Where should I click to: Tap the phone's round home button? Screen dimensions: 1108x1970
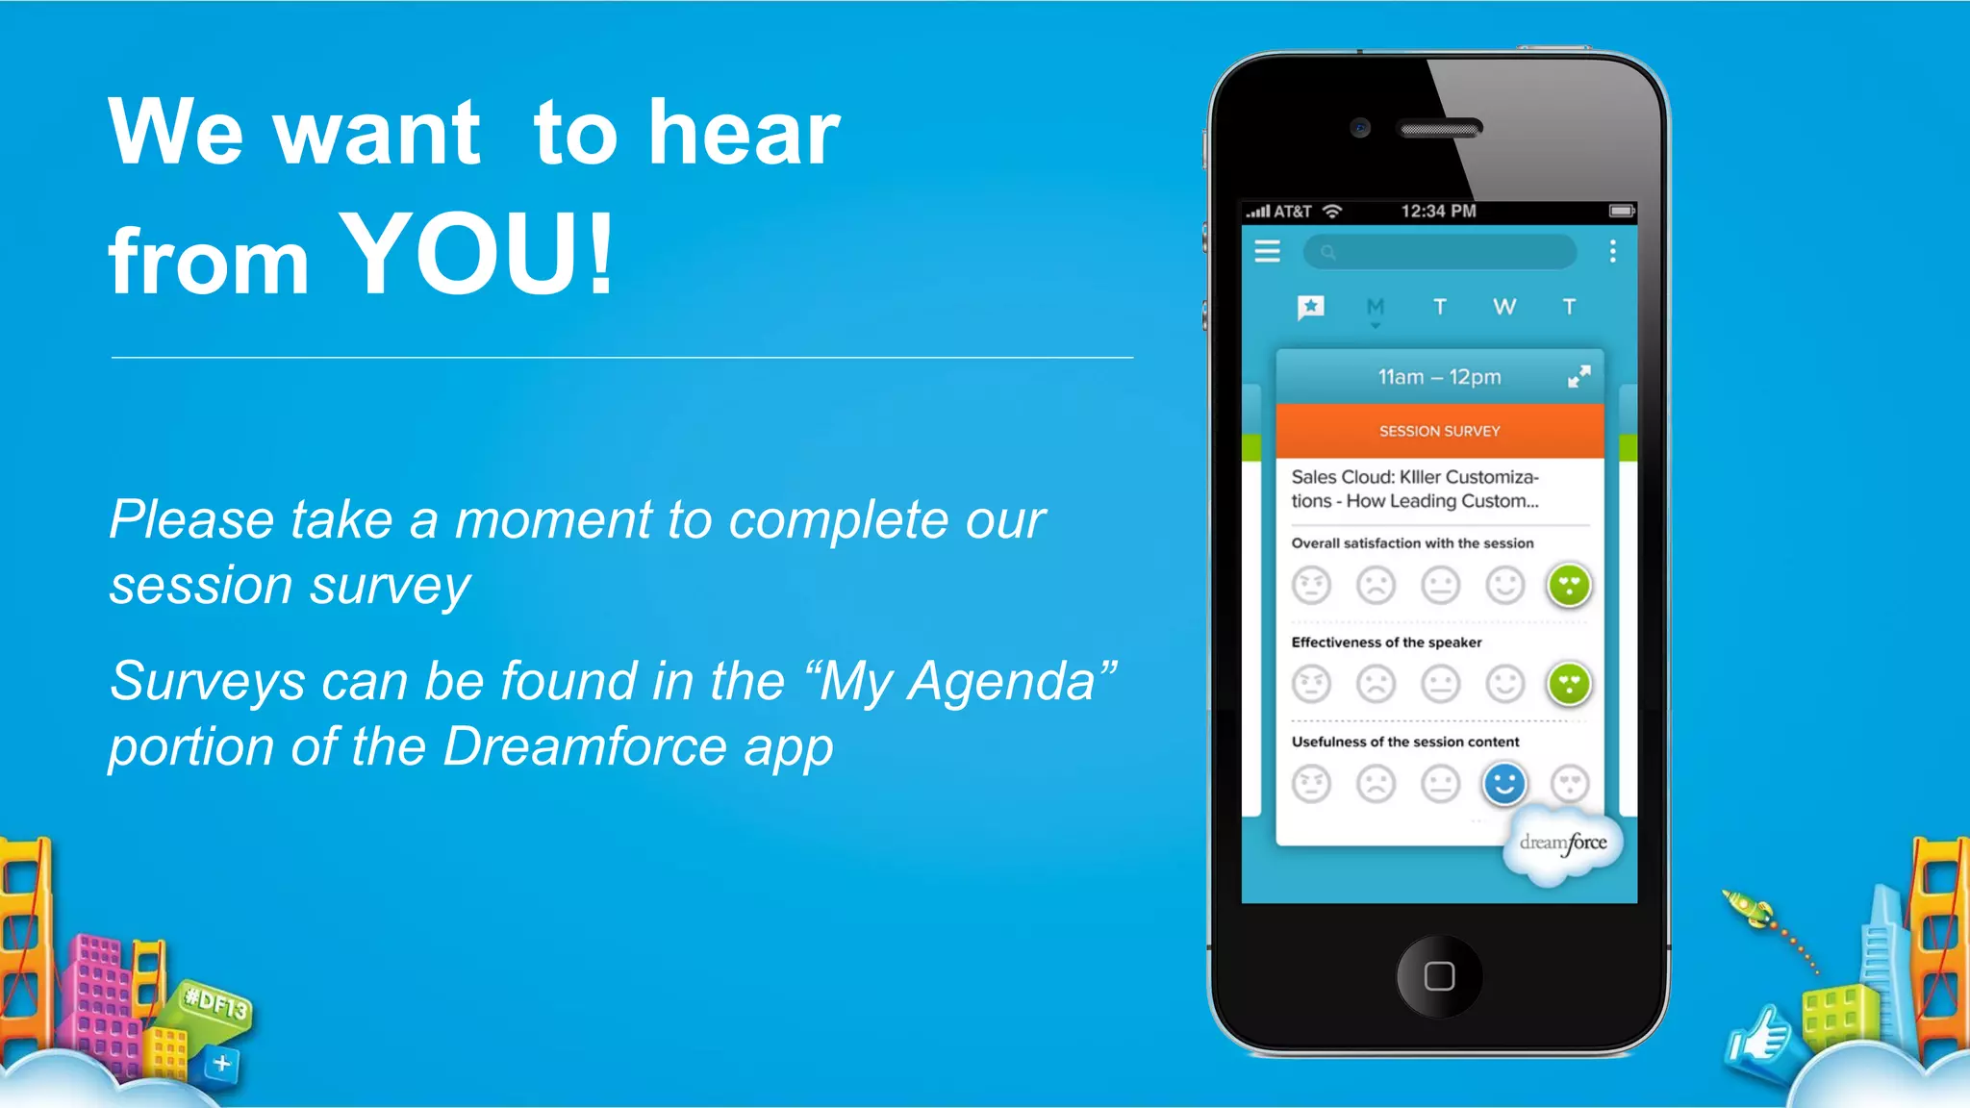click(1439, 976)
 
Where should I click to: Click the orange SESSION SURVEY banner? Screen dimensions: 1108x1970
click(1439, 431)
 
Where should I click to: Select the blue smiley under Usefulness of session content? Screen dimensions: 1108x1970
click(1504, 784)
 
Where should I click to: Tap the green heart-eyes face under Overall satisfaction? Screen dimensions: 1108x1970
click(1569, 585)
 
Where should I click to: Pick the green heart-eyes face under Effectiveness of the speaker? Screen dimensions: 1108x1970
click(1569, 684)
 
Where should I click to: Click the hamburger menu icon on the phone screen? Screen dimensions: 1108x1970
click(1268, 252)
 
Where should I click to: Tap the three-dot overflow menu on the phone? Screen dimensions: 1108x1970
click(1613, 252)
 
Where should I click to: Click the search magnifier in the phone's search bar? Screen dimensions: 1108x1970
click(1328, 252)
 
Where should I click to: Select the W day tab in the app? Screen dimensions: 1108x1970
click(1504, 307)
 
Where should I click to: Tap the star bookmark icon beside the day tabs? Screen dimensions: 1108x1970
click(1311, 307)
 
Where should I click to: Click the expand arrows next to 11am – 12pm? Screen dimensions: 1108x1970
click(1579, 376)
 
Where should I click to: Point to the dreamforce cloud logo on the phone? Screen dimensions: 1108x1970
click(1562, 844)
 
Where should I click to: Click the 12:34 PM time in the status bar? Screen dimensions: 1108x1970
click(1438, 211)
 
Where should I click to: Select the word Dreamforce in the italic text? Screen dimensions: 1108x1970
click(584, 746)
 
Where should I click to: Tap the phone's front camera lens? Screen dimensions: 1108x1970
click(1360, 127)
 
